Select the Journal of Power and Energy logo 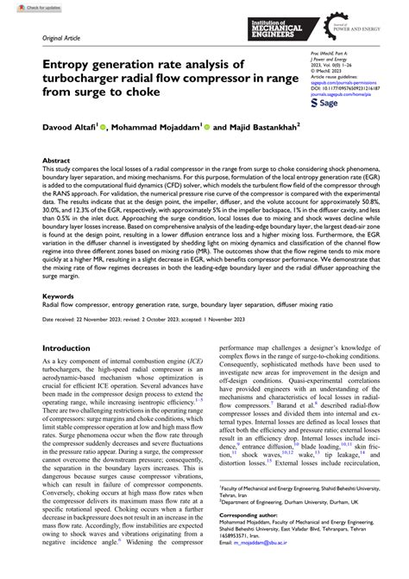point(356,26)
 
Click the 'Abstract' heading point(57,161)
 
